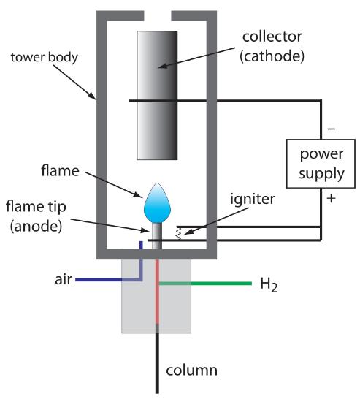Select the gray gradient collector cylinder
156,95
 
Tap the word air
63,278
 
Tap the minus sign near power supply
332,129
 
